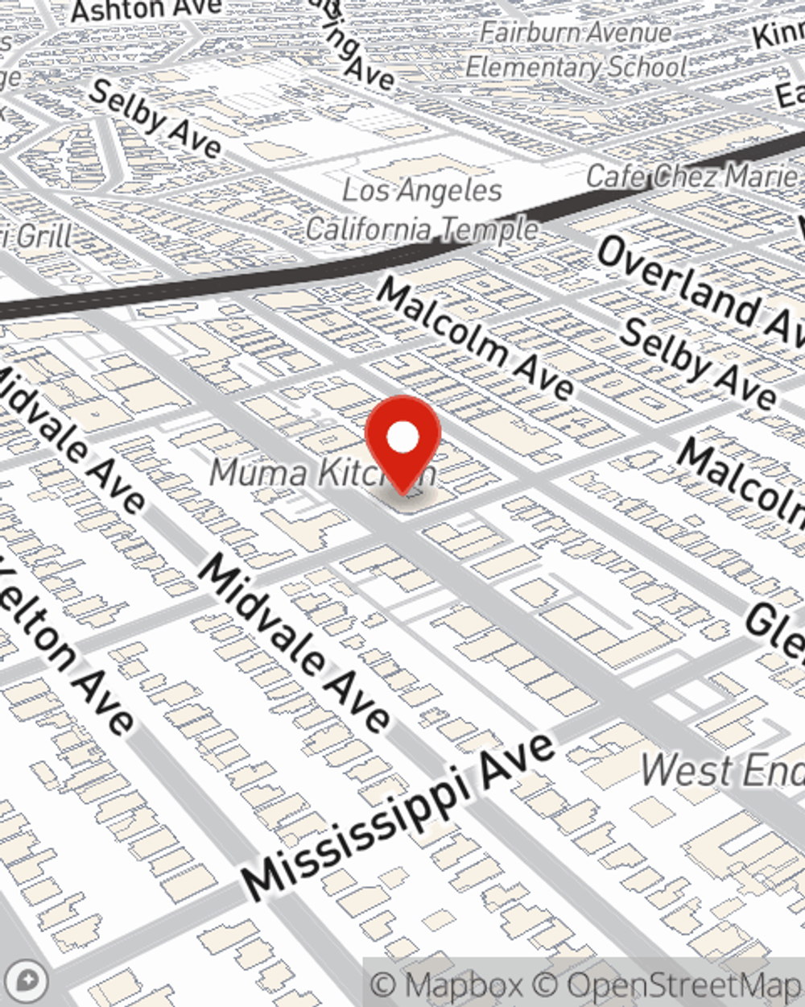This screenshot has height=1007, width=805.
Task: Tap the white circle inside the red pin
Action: [x=402, y=437]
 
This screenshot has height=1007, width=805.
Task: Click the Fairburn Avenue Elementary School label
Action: [x=576, y=50]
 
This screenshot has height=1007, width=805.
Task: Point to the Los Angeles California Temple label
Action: [x=422, y=210]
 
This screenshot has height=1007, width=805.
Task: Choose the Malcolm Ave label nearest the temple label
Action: [x=475, y=338]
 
